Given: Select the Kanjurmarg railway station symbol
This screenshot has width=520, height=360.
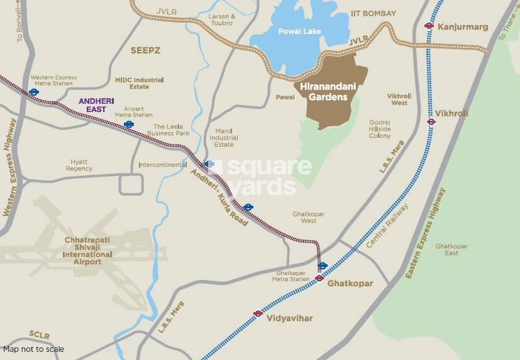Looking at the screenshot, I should (x=429, y=26).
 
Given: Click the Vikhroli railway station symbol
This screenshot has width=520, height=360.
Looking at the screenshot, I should (x=431, y=121).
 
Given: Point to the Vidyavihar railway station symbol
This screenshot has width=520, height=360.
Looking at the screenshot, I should (x=258, y=313).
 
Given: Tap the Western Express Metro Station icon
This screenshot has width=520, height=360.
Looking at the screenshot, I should (x=34, y=91).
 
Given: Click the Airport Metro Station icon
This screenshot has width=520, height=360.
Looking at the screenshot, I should (x=129, y=125).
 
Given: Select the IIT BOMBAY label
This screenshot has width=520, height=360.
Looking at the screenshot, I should (x=373, y=14).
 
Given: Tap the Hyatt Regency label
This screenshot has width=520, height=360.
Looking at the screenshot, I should (x=79, y=165).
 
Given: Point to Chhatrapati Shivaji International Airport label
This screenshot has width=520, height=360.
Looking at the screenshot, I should (x=88, y=250).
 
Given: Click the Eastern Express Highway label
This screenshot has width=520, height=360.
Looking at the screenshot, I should (x=429, y=233).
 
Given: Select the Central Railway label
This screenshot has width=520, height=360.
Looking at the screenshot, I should (x=387, y=225).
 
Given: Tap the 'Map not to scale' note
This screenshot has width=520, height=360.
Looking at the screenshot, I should (x=33, y=349).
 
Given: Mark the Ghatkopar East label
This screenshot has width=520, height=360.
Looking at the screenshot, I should (x=451, y=249).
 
